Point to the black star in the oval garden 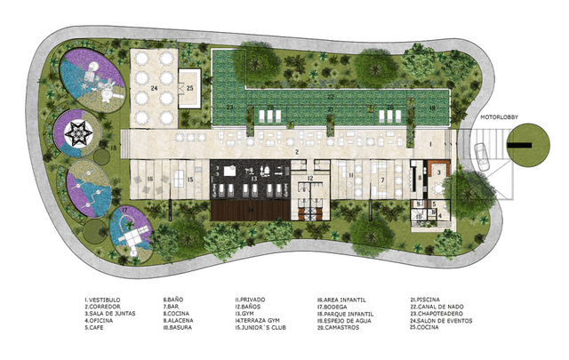point(88,133)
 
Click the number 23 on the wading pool point(229,108)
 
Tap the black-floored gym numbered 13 point(252,179)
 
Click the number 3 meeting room point(438,171)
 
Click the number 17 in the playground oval point(125,211)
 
